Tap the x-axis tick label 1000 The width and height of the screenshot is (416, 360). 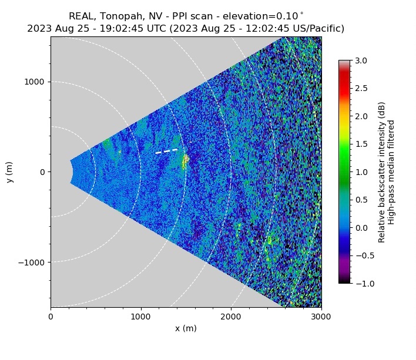pyautogui.click(x=140, y=317)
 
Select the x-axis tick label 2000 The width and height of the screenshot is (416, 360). pyautogui.click(x=231, y=317)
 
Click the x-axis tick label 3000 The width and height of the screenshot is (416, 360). pyautogui.click(x=321, y=317)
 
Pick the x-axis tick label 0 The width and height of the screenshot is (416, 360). pyautogui.click(x=51, y=317)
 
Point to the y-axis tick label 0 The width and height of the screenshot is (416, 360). pyautogui.click(x=43, y=172)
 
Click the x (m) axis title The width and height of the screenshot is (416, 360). pyautogui.click(x=186, y=328)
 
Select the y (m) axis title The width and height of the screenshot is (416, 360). pyautogui.click(x=10, y=172)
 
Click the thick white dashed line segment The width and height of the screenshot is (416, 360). pyautogui.click(x=166, y=151)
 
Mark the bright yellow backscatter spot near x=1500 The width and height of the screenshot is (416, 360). pyautogui.click(x=186, y=159)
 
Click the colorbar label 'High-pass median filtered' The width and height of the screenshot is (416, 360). pyautogui.click(x=391, y=172)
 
